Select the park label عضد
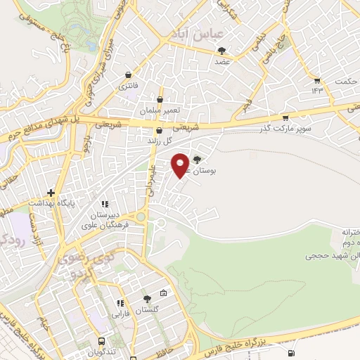[223, 61]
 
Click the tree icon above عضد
[223, 51]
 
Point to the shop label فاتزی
[127, 85]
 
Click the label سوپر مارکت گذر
[285, 129]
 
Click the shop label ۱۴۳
[316, 90]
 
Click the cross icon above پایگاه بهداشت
[51, 192]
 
